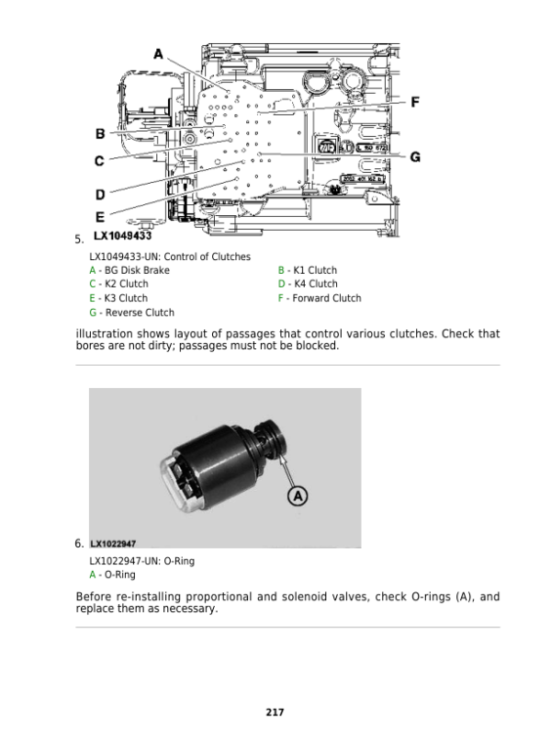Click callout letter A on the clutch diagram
pyautogui.click(x=158, y=54)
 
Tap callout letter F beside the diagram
pyautogui.click(x=415, y=102)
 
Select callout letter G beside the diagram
pyautogui.click(x=415, y=157)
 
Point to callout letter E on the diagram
pyautogui.click(x=100, y=217)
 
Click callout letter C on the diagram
pyautogui.click(x=99, y=161)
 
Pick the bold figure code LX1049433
pyautogui.click(x=123, y=236)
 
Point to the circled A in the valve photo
pyautogui.click(x=298, y=496)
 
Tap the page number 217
pyautogui.click(x=275, y=712)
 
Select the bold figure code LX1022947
pyautogui.click(x=113, y=544)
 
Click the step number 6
pyautogui.click(x=79, y=543)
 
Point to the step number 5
pyautogui.click(x=79, y=239)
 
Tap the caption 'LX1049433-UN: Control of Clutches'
pyautogui.click(x=170, y=256)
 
